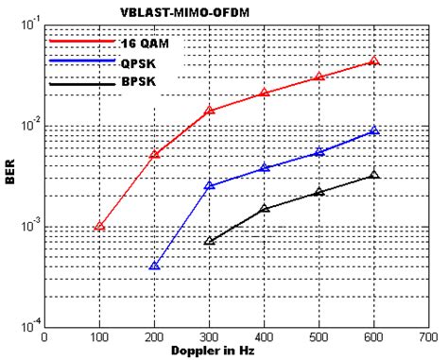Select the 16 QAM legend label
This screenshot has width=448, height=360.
click(145, 43)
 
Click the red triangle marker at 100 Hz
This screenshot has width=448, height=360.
click(99, 227)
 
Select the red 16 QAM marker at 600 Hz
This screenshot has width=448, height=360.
click(374, 61)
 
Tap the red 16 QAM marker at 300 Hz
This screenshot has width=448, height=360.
click(210, 111)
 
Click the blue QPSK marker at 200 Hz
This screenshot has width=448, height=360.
click(154, 266)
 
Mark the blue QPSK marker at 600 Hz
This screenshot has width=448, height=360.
click(374, 131)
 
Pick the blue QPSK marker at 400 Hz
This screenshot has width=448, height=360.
click(265, 168)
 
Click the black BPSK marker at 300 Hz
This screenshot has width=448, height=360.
click(210, 241)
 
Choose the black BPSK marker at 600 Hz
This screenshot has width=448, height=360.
click(374, 175)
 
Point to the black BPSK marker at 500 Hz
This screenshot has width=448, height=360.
click(319, 192)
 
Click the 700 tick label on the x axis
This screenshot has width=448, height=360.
click(429, 336)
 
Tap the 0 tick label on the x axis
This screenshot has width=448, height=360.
click(44, 336)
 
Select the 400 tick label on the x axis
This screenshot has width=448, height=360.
click(265, 336)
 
